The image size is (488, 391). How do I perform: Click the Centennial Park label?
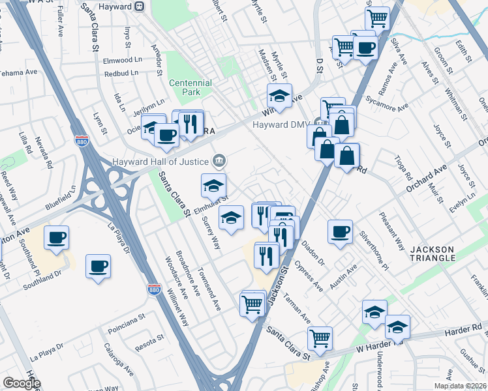[190, 88]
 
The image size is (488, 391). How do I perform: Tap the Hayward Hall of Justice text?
[160, 161]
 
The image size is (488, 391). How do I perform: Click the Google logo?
[21, 383]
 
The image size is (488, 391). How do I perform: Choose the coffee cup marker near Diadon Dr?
[339, 232]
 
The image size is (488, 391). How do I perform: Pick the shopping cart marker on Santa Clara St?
[320, 338]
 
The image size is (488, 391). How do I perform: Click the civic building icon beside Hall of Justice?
[219, 160]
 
